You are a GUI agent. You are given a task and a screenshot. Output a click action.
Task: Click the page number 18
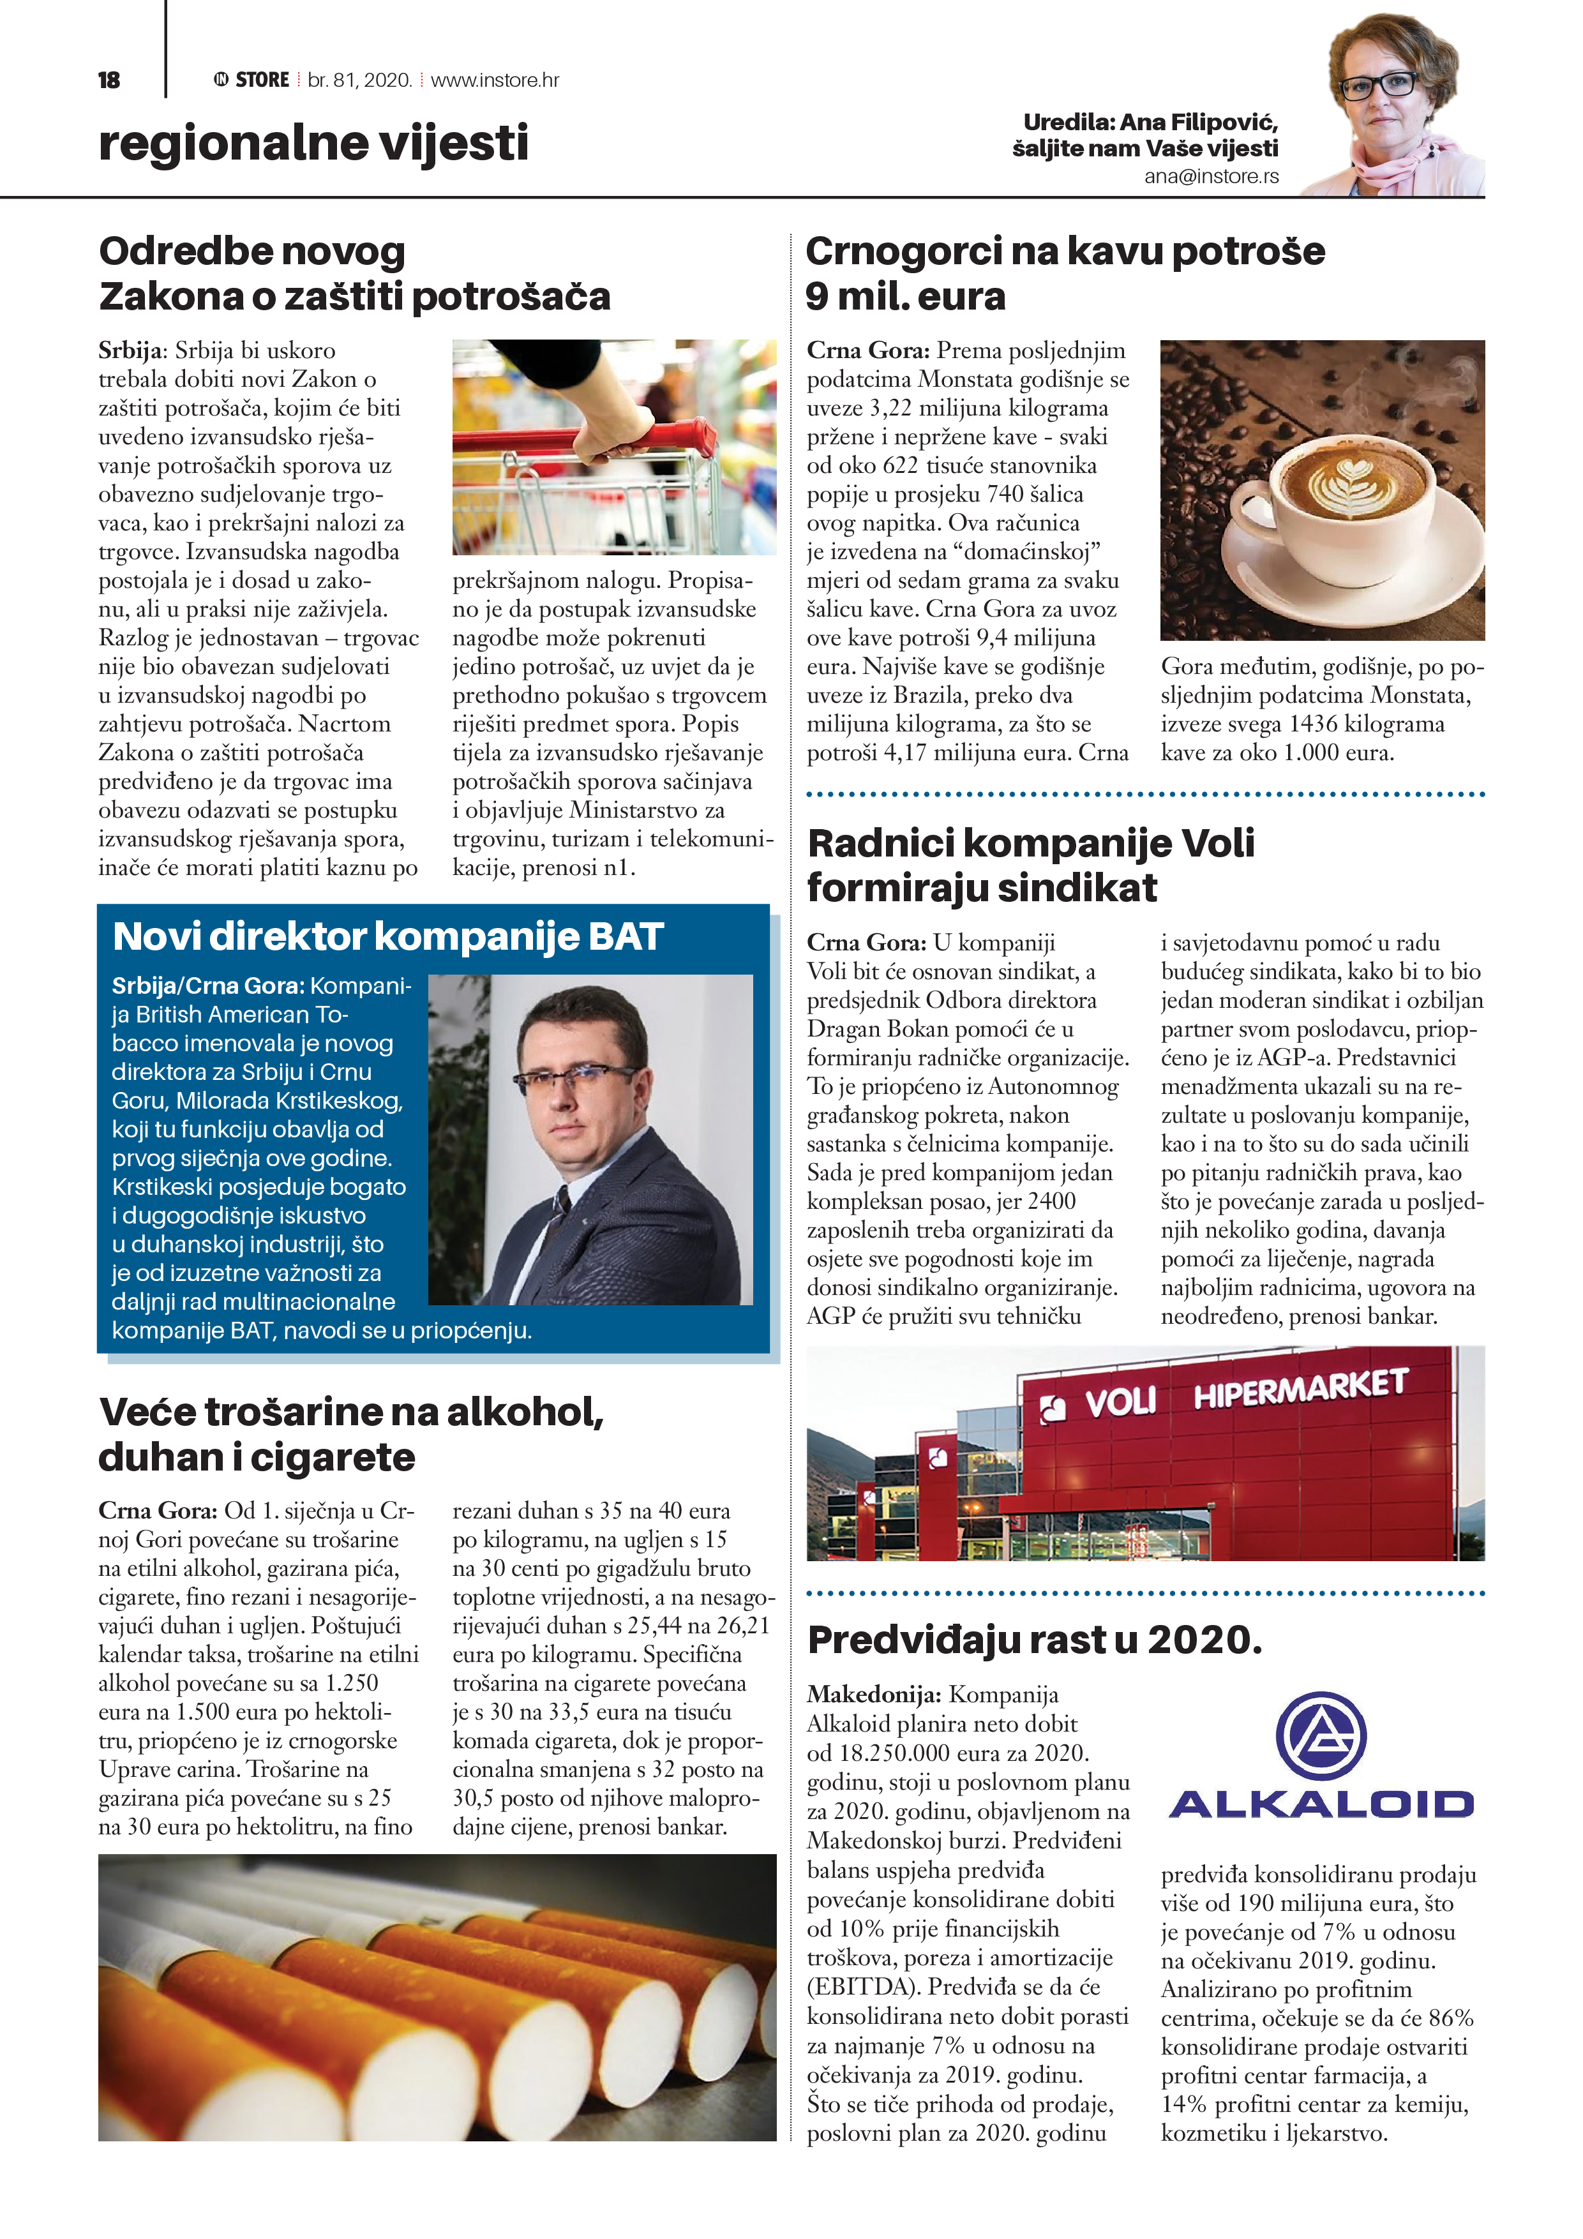(x=109, y=80)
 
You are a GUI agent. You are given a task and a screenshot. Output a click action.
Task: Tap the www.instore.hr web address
(x=495, y=80)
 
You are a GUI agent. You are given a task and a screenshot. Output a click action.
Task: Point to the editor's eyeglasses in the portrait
(x=1379, y=86)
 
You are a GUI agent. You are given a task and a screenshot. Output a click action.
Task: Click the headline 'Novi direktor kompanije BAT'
(x=388, y=936)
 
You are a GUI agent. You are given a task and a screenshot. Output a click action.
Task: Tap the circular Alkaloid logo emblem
(x=1321, y=1737)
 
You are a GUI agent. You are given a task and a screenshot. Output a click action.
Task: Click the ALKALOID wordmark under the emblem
(x=1321, y=1804)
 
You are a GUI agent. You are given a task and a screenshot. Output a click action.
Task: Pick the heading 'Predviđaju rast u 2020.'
(x=1035, y=1640)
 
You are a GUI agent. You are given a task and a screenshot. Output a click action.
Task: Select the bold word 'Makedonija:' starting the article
(x=874, y=1695)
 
